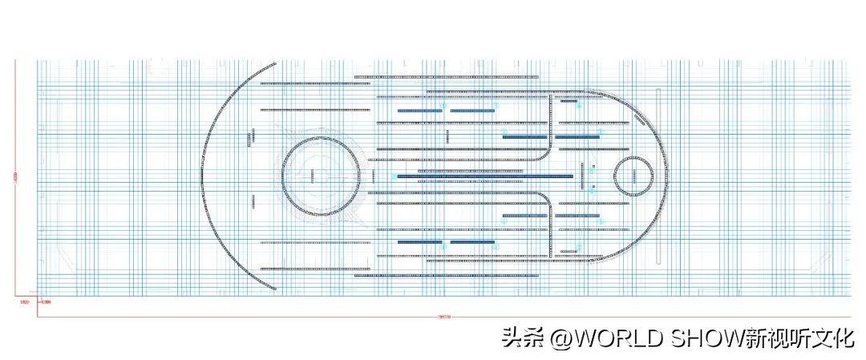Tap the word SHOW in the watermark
point(706,338)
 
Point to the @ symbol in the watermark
point(560,338)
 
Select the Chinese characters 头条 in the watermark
point(523,338)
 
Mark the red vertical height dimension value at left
point(15,177)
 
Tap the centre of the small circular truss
point(634,176)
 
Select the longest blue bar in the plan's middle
point(485,176)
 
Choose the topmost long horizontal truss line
point(446,77)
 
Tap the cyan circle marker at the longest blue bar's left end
point(394,176)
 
